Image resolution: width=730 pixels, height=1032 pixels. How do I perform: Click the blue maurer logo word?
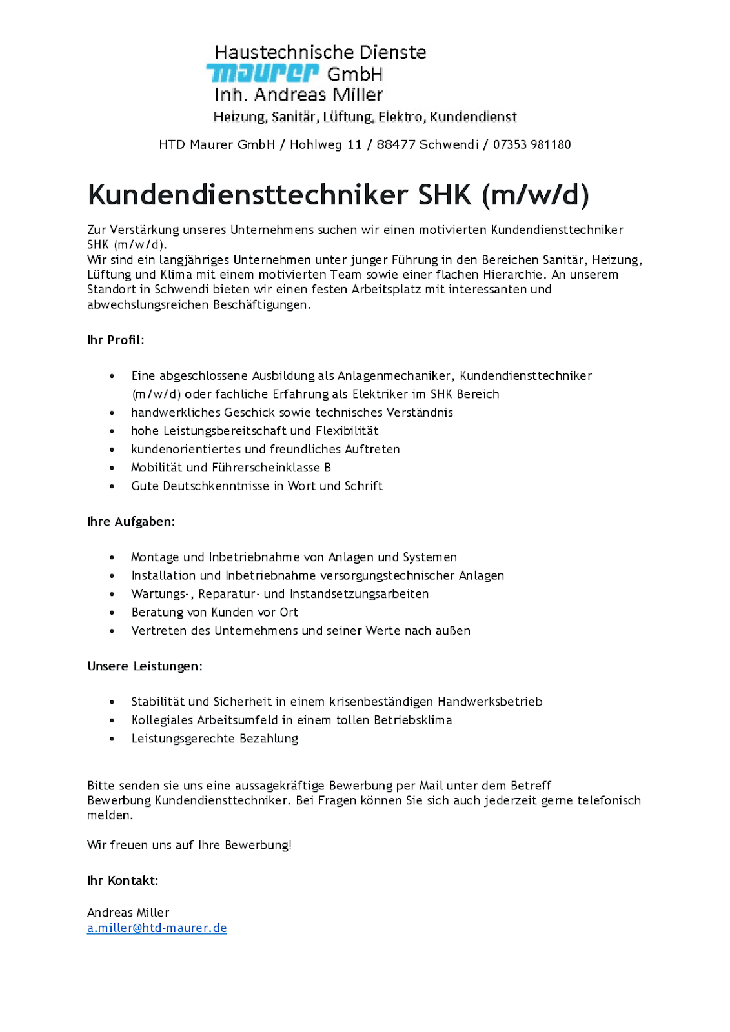point(262,73)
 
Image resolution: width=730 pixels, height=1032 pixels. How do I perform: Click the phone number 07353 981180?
point(532,144)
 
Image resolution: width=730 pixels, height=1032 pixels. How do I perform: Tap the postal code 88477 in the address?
point(396,144)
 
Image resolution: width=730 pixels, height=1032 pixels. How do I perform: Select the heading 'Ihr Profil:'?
point(116,340)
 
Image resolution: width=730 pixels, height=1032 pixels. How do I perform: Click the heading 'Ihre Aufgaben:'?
point(131,521)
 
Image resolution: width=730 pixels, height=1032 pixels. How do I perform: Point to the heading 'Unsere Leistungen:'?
point(145,666)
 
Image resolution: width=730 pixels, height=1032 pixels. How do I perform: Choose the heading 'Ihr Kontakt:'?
point(123,880)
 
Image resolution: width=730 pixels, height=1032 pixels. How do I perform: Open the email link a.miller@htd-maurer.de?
point(157,928)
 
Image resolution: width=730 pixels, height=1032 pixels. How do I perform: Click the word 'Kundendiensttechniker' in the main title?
point(248,195)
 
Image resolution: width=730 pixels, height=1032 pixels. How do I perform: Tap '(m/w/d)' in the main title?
point(535,195)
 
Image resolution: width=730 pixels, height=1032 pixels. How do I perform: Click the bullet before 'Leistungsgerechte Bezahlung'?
point(112,739)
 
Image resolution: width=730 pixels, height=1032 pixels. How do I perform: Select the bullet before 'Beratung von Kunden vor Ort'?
point(112,613)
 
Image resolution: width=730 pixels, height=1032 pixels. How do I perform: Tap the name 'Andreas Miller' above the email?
point(128,912)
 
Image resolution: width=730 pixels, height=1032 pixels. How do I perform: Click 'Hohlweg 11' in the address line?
point(326,144)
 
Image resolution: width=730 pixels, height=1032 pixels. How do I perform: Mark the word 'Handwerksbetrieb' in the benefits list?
point(490,702)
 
